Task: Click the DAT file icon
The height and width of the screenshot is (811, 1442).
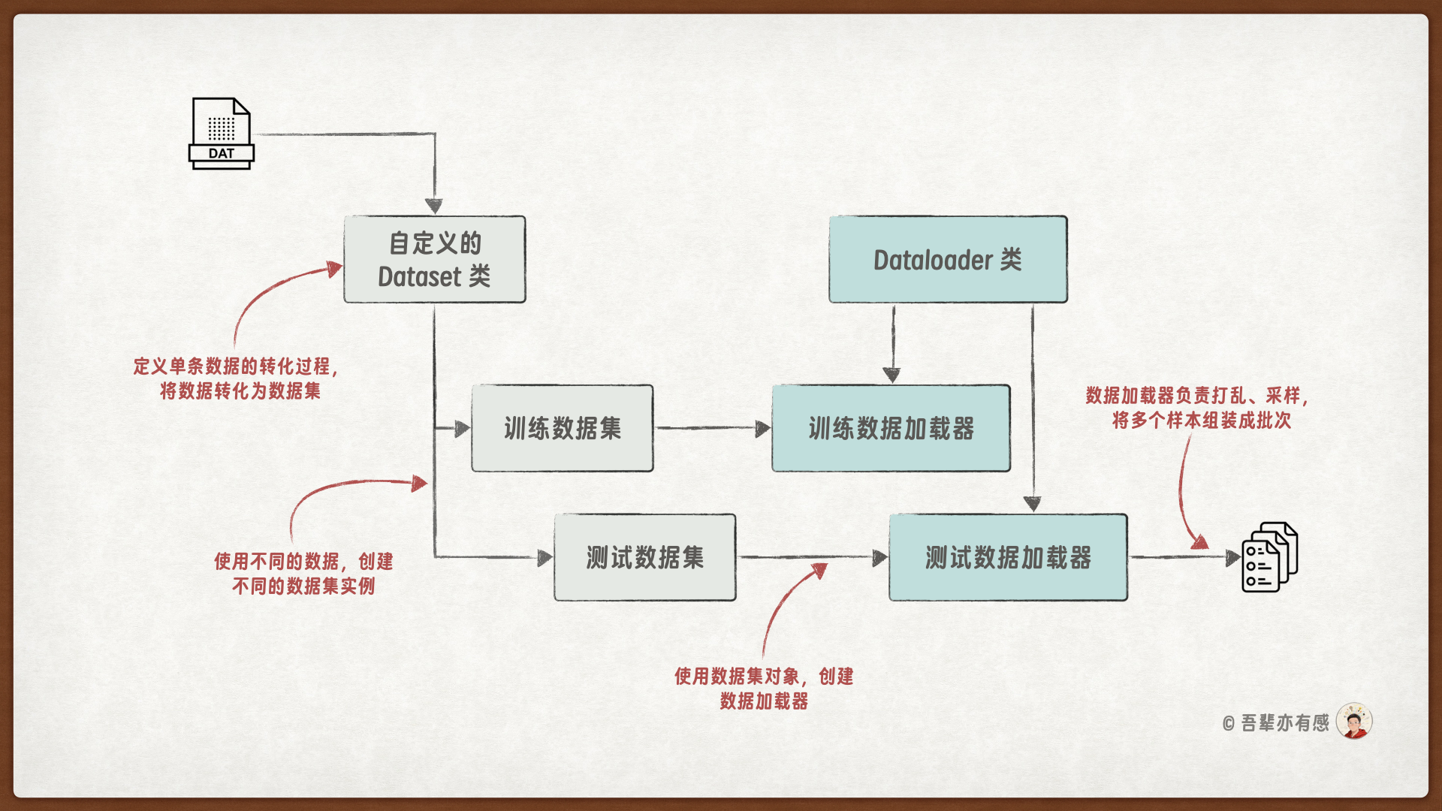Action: tap(222, 134)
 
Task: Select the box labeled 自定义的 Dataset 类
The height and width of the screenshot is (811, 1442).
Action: tap(434, 260)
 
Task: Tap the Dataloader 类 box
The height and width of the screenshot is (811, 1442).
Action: tap(948, 260)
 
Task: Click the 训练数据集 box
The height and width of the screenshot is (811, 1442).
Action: tap(562, 428)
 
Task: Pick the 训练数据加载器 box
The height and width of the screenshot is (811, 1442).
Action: tap(891, 428)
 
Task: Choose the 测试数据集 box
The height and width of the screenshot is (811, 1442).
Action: tap(644, 557)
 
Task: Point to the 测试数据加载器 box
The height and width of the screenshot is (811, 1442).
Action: tap(1008, 557)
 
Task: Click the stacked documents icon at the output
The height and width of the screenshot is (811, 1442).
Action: tap(1269, 557)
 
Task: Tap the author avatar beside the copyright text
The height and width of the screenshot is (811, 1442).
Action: tap(1354, 722)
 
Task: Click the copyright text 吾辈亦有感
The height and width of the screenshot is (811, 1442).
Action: tap(1284, 723)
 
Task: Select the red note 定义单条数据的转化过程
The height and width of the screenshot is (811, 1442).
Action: tap(236, 366)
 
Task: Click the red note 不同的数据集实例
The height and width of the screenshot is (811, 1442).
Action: tap(303, 586)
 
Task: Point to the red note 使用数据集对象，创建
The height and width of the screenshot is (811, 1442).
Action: tap(763, 677)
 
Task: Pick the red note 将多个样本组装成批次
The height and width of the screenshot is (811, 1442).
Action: tap(1202, 421)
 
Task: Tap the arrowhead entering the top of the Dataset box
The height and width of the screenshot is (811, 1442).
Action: tap(434, 206)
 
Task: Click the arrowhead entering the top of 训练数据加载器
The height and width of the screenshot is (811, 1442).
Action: tap(891, 375)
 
